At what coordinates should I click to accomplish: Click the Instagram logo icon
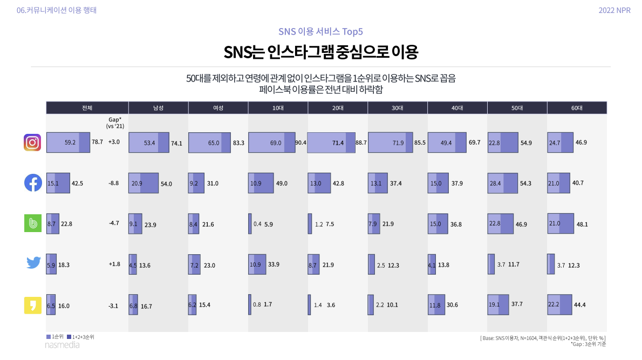tap(33, 142)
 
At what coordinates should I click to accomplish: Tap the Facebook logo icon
tap(33, 183)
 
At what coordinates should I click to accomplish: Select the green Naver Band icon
tap(33, 224)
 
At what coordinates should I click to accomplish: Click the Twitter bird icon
tap(33, 263)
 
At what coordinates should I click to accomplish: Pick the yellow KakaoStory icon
tap(33, 305)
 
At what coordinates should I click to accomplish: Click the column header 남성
tap(158, 108)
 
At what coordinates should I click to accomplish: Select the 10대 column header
tap(278, 108)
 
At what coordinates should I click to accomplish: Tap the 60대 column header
tap(577, 108)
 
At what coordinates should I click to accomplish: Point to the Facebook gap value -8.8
tap(113, 184)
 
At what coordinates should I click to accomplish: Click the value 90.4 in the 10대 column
tap(301, 143)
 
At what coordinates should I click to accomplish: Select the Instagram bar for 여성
tap(209, 143)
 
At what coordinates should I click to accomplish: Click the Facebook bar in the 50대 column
tap(503, 184)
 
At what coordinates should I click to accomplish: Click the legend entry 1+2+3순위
tap(80, 337)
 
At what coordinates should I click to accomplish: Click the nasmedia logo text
tap(62, 345)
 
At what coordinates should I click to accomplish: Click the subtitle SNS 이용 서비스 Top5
tap(320, 31)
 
